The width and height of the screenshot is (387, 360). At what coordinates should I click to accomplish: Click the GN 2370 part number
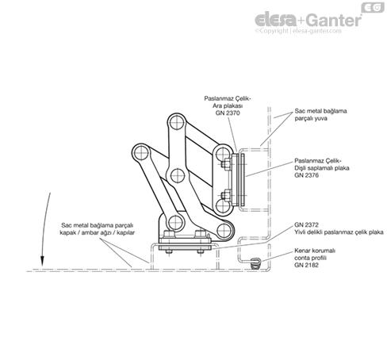[228, 113]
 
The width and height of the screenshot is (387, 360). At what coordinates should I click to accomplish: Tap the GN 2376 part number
[306, 175]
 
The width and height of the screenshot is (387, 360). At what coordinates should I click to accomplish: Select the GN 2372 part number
[306, 225]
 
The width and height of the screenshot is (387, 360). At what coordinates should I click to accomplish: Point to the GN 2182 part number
[306, 265]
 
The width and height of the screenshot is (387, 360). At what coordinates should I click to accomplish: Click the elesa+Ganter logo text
[308, 20]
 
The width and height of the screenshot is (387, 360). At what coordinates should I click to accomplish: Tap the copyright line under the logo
[298, 31]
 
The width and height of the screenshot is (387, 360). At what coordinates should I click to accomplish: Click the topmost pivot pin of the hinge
[177, 123]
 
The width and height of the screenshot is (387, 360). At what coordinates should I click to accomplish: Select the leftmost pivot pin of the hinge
[141, 152]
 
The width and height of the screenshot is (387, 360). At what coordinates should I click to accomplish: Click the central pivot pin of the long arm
[178, 175]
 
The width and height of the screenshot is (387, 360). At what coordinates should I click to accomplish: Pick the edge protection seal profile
[255, 263]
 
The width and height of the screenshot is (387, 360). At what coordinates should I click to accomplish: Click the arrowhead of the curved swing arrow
[42, 261]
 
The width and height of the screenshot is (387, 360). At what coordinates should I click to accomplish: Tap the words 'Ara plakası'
[228, 105]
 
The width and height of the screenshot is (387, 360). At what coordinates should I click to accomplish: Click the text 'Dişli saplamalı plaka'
[322, 168]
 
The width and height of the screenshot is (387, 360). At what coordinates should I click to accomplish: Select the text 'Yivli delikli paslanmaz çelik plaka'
[339, 232]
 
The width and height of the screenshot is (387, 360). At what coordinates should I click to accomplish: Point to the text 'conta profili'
[310, 258]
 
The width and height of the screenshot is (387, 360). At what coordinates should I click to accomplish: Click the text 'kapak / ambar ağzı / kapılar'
[98, 233]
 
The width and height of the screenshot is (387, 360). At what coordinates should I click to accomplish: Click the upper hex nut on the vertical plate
[225, 164]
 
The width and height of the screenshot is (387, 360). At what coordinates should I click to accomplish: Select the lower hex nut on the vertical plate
[225, 195]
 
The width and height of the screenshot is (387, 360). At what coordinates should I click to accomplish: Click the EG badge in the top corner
[373, 7]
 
